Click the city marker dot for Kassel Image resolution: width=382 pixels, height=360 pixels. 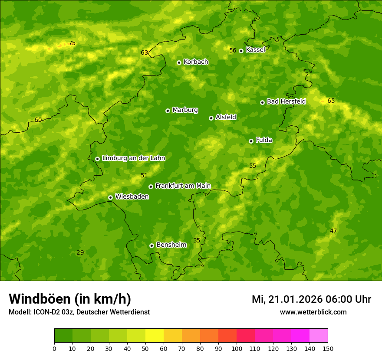(x=241, y=51)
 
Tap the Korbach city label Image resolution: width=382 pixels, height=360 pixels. (x=196, y=62)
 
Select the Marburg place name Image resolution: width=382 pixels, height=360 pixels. (x=185, y=110)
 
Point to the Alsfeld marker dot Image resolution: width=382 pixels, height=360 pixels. (x=211, y=118)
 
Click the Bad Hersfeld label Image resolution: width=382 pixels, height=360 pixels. (x=286, y=101)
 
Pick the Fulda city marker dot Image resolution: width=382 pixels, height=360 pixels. (x=251, y=141)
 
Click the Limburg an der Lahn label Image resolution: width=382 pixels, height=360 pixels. (x=133, y=158)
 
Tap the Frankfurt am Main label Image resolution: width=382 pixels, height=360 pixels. (x=183, y=186)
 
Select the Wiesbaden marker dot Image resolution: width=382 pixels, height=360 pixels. (x=110, y=197)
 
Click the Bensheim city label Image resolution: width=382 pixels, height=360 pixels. (x=171, y=245)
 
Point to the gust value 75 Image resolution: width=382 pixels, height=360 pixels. (x=72, y=43)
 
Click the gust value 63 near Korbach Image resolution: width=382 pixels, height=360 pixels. (x=145, y=53)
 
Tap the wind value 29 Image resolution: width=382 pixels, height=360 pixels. (x=80, y=253)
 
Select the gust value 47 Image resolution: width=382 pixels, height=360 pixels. (x=333, y=231)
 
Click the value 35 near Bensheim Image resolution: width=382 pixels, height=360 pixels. (x=197, y=241)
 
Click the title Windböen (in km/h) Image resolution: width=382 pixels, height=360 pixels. (x=70, y=299)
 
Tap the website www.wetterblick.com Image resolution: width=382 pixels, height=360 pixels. (x=313, y=312)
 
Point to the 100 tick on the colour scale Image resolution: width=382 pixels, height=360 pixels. (x=237, y=348)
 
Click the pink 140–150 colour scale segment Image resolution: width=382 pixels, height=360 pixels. (x=319, y=335)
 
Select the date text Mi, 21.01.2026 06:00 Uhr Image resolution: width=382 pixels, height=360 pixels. (x=311, y=299)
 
